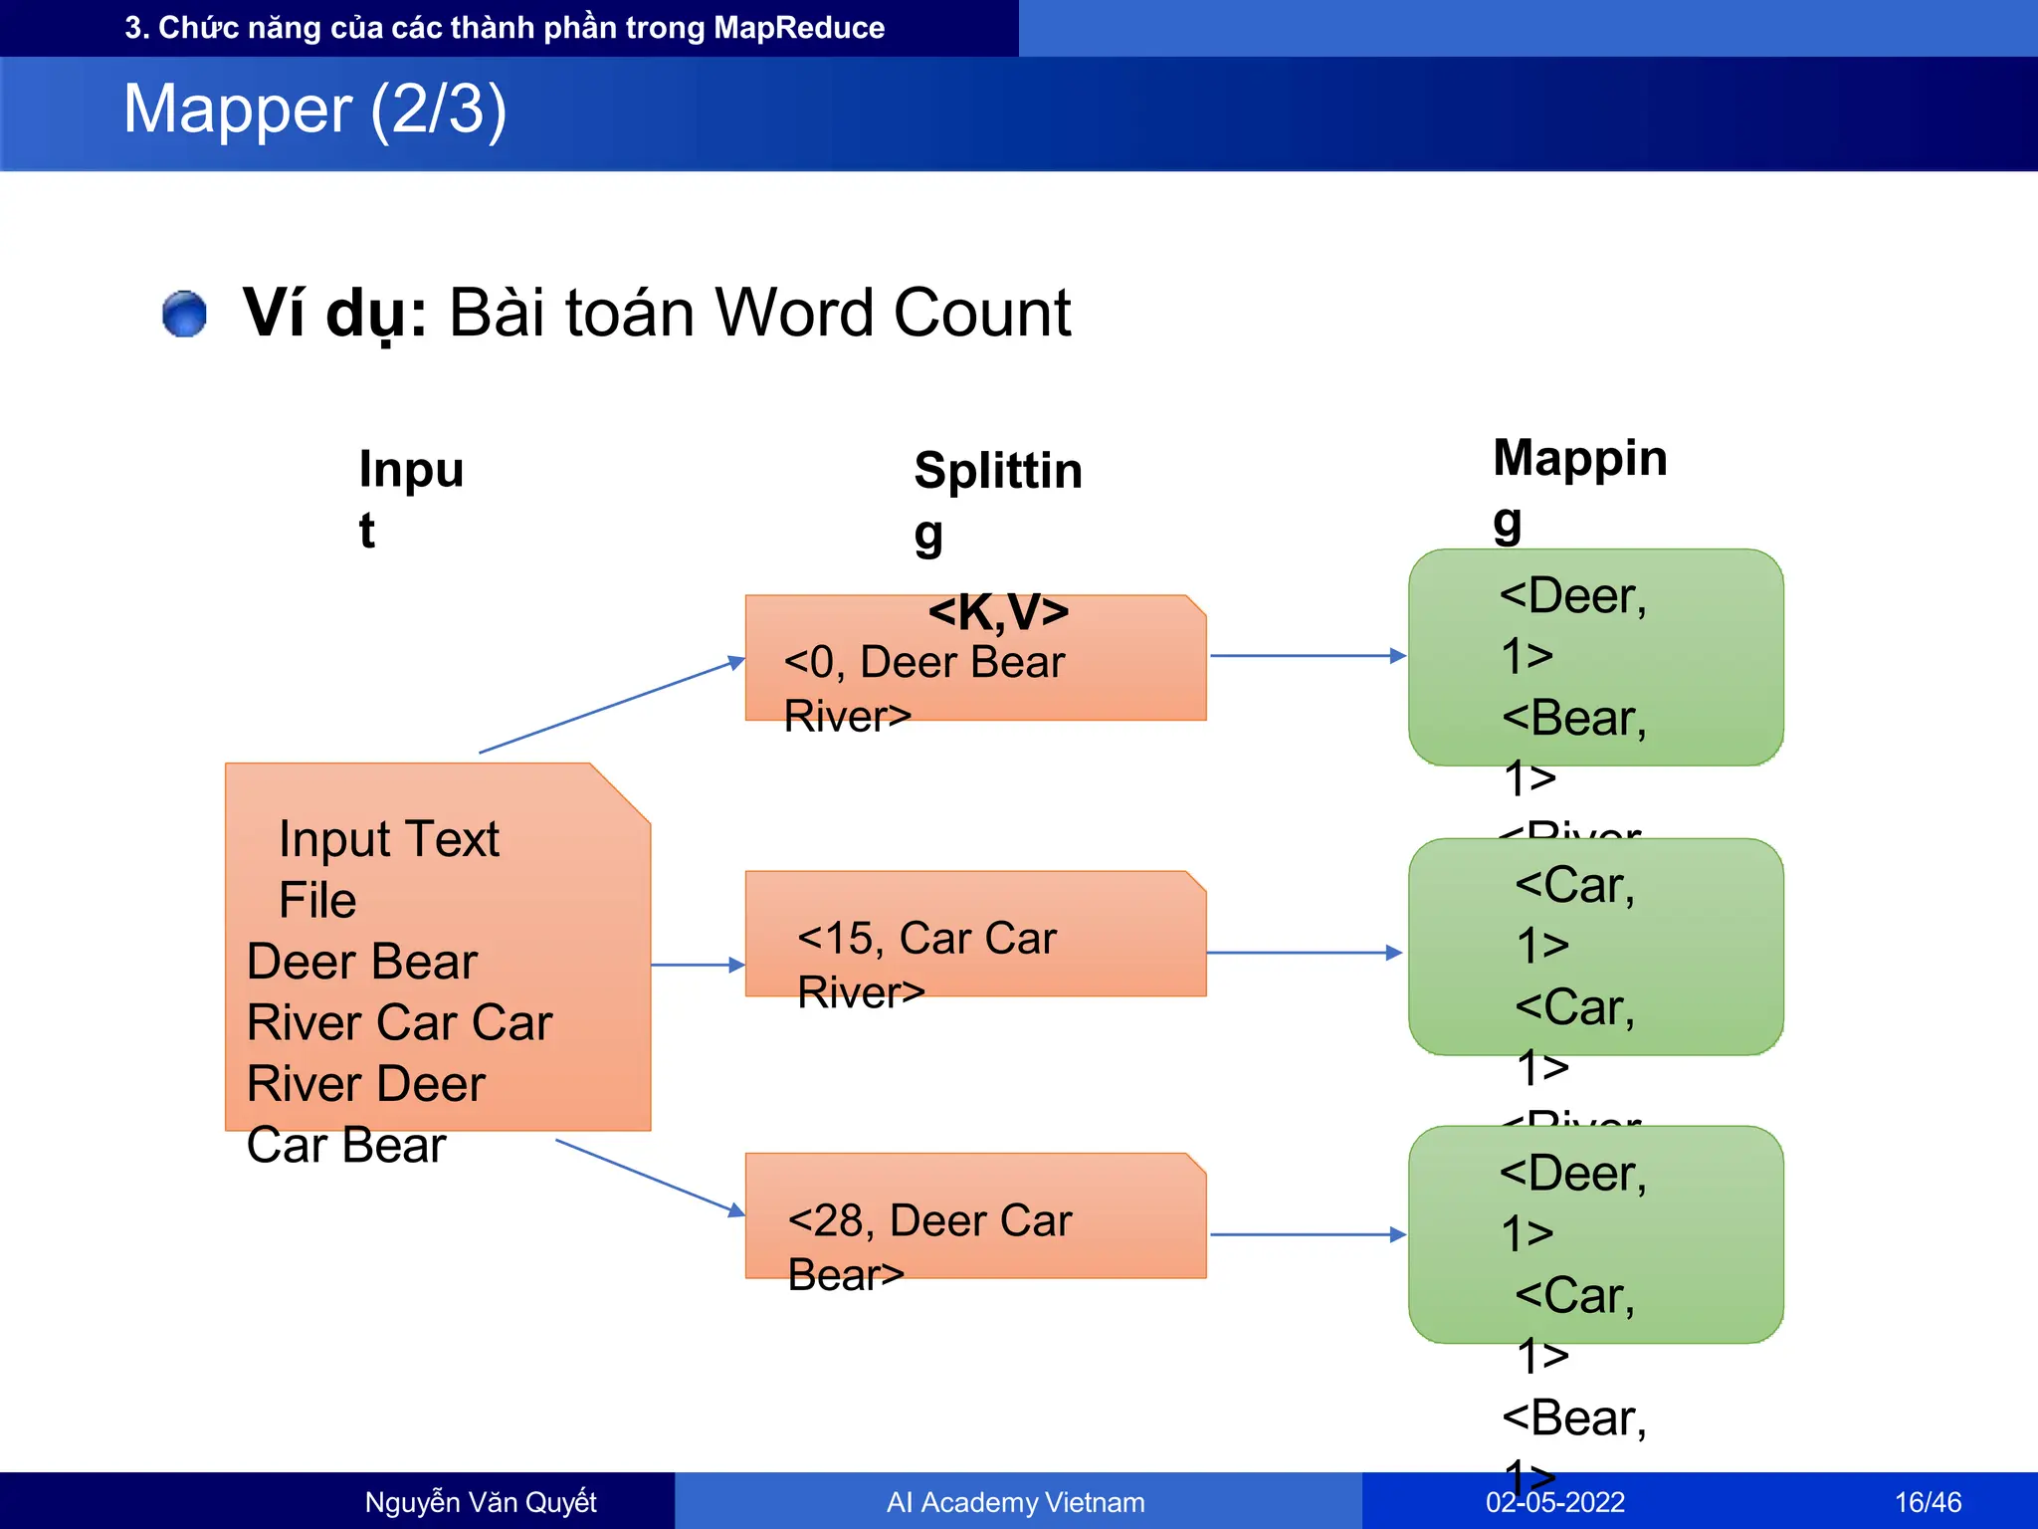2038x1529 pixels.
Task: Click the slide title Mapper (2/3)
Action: (314, 109)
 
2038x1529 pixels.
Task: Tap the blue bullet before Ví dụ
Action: (184, 314)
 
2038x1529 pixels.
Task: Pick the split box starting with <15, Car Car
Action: (975, 935)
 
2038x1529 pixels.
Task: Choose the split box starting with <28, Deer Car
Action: (975, 1216)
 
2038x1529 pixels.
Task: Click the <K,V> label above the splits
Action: (998, 611)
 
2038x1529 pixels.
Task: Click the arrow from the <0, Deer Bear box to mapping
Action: (1307, 656)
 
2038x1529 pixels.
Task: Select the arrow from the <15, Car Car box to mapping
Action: (1304, 953)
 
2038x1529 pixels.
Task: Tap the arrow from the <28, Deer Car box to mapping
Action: (1307, 1235)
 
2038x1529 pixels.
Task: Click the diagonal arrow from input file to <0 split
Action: (611, 706)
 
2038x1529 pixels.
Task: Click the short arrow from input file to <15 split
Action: (698, 965)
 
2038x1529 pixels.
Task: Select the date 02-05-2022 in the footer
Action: (1554, 1502)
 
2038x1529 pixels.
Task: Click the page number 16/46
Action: (1928, 1502)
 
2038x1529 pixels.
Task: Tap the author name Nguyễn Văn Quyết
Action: (481, 1502)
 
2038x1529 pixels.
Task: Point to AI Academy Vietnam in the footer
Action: (1015, 1502)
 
